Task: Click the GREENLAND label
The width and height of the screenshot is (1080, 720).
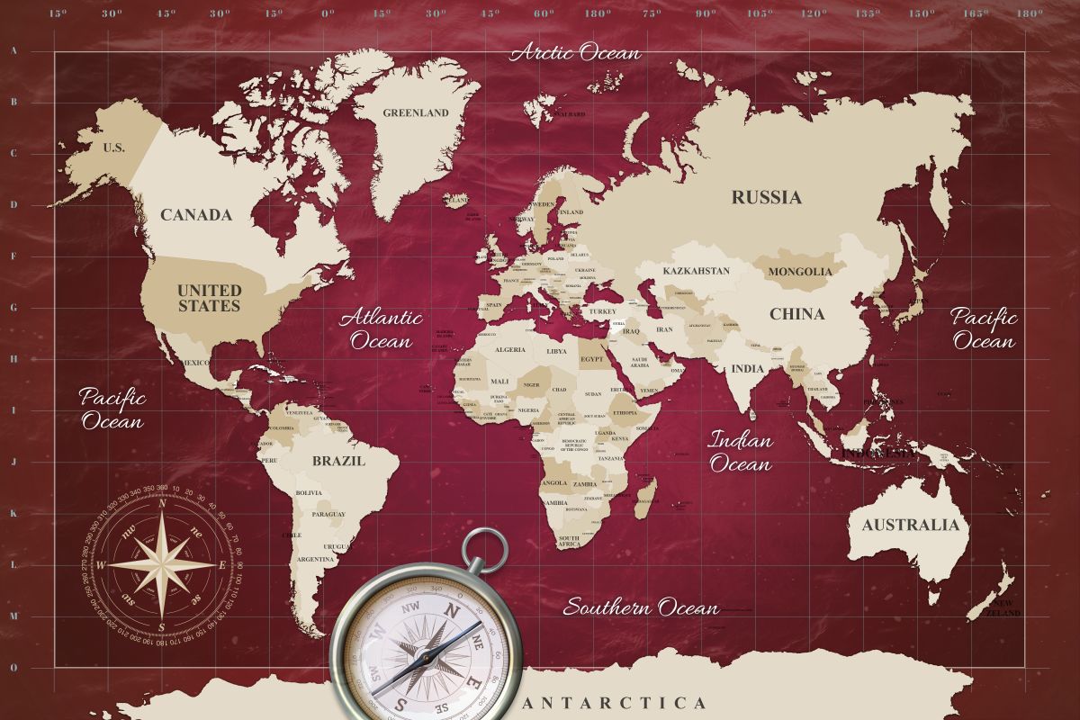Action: pos(415,113)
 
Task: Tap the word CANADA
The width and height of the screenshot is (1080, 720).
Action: pos(196,215)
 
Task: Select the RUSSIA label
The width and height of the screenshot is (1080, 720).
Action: pos(766,197)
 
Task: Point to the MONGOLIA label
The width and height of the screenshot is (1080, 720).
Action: pos(800,271)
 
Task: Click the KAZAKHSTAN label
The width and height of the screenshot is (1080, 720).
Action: pos(696,271)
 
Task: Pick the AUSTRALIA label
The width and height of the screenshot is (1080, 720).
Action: pos(910,525)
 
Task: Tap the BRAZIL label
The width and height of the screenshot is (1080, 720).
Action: pos(338,462)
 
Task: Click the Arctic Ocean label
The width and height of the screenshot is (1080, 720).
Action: pos(576,52)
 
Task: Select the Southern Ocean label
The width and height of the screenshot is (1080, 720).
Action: pos(641,607)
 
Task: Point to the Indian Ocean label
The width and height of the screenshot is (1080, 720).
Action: pos(741,453)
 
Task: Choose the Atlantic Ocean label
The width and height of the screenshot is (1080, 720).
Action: pos(381,328)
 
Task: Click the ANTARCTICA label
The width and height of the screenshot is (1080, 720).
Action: pos(615,703)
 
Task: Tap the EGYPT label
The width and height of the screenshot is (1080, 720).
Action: pos(590,358)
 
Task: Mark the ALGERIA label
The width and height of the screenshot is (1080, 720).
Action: pos(511,349)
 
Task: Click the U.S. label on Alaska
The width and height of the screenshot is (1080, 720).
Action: pos(114,148)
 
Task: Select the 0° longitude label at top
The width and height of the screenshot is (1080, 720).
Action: pos(328,13)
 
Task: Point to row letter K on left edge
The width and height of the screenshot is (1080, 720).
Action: pos(13,513)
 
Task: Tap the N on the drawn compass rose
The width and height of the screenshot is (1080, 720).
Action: pos(162,504)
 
